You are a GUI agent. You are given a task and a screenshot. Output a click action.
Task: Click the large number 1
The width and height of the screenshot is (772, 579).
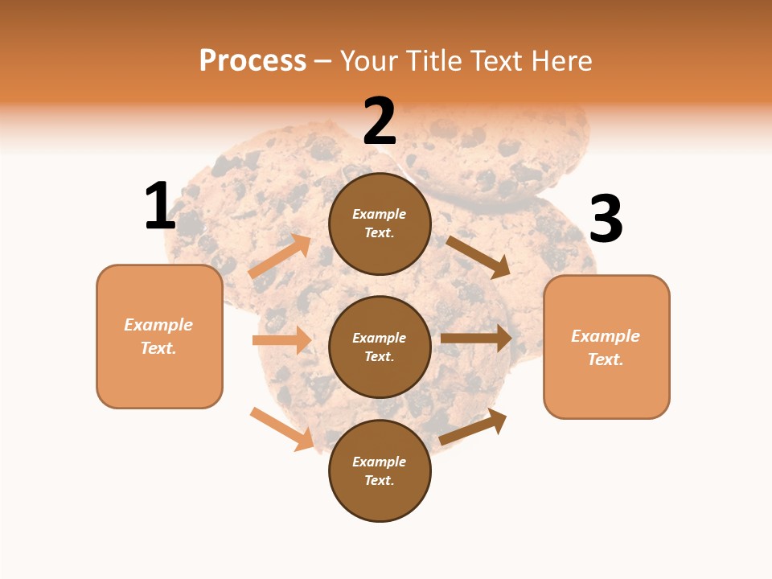[160, 206]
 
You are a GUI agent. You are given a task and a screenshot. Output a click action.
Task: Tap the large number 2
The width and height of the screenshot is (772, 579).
[380, 122]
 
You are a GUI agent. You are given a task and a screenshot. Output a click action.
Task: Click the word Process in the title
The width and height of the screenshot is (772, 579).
[253, 60]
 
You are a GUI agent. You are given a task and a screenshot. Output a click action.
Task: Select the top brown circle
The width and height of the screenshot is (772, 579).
[380, 224]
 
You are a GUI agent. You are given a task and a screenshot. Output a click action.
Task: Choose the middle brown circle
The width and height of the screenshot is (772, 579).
[380, 347]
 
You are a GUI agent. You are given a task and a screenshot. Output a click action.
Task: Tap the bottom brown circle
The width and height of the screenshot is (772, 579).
[380, 470]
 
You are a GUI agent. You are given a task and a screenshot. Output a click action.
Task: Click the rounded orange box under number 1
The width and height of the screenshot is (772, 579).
[159, 336]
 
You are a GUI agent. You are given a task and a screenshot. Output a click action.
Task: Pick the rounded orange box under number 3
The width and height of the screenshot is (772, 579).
[606, 347]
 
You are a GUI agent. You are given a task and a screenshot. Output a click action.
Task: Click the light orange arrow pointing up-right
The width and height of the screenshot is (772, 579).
[280, 257]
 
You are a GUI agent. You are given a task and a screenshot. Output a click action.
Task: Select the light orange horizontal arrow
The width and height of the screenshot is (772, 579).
[282, 340]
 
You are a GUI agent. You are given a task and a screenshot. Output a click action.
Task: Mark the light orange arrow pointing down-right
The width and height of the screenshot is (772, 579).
[282, 429]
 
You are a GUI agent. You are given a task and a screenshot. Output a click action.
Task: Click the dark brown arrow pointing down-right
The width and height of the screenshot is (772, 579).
[478, 257]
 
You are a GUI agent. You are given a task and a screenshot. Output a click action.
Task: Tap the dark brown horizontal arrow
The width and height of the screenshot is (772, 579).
[476, 338]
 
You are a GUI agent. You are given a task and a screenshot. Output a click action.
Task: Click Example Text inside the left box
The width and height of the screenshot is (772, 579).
[159, 336]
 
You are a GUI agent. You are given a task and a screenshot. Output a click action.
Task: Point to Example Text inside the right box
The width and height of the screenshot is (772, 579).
[606, 347]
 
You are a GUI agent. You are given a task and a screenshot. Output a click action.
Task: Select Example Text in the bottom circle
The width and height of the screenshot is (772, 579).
[380, 470]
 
